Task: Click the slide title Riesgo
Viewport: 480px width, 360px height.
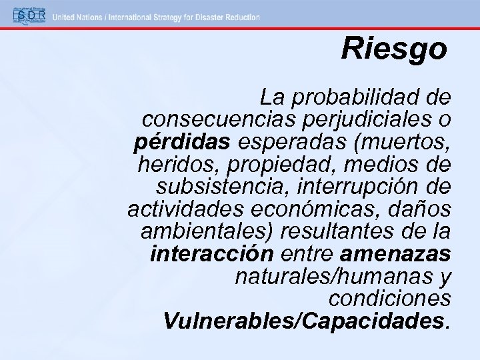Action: tap(393, 48)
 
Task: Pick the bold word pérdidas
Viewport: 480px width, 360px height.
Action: tap(181, 142)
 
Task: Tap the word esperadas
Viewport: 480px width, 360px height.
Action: tap(283, 142)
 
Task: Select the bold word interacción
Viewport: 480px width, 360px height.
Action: tap(212, 253)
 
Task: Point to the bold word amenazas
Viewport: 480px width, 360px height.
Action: tap(395, 253)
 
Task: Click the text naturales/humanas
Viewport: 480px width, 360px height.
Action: tap(329, 275)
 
